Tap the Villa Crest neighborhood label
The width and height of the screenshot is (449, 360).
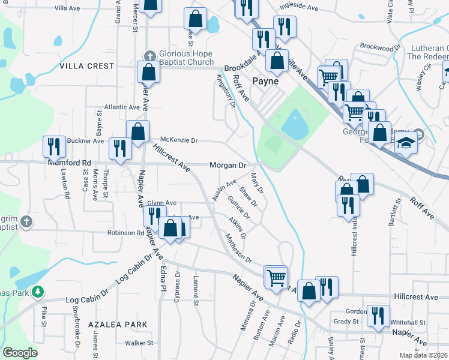[x=86, y=66]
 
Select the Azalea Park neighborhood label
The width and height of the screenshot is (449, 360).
[x=118, y=324]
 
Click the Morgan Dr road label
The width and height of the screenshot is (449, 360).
[x=228, y=165]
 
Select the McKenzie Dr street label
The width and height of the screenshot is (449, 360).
[x=178, y=140]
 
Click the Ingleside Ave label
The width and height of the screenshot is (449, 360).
[x=299, y=8]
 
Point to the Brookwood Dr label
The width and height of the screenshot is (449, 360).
[x=380, y=47]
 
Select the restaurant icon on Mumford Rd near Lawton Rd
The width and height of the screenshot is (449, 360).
[x=54, y=146]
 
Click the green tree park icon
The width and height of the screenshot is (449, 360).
[x=38, y=292]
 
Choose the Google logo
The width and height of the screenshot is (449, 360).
[x=20, y=353]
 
